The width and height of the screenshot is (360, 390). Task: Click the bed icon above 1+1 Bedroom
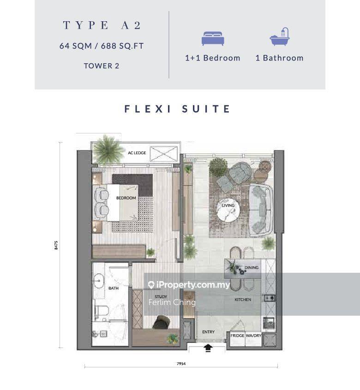(213, 38)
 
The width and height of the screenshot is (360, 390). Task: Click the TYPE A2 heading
(102, 25)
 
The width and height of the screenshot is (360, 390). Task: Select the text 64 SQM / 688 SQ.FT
(102, 46)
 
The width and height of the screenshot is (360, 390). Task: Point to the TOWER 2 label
(102, 66)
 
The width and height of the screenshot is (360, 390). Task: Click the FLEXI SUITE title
(177, 109)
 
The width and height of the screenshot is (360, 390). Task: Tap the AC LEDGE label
(137, 153)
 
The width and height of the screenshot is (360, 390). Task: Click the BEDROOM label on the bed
(126, 198)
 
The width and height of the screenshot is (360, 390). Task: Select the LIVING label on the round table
(228, 205)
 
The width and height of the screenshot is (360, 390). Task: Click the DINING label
(252, 268)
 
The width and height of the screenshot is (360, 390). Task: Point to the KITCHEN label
(243, 300)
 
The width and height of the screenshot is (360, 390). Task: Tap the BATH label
(114, 288)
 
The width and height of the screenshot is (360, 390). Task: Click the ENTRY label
(208, 332)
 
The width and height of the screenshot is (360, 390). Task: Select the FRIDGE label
(237, 336)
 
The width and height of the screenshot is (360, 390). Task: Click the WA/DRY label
(253, 336)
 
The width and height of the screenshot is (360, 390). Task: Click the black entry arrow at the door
(208, 348)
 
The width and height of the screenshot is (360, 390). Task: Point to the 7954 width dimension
(181, 364)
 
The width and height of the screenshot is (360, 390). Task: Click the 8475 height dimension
(56, 245)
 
